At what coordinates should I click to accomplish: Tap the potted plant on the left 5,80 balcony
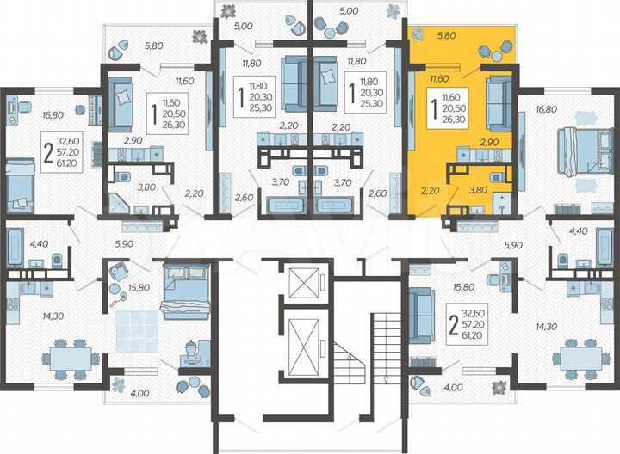coord(199,36)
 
